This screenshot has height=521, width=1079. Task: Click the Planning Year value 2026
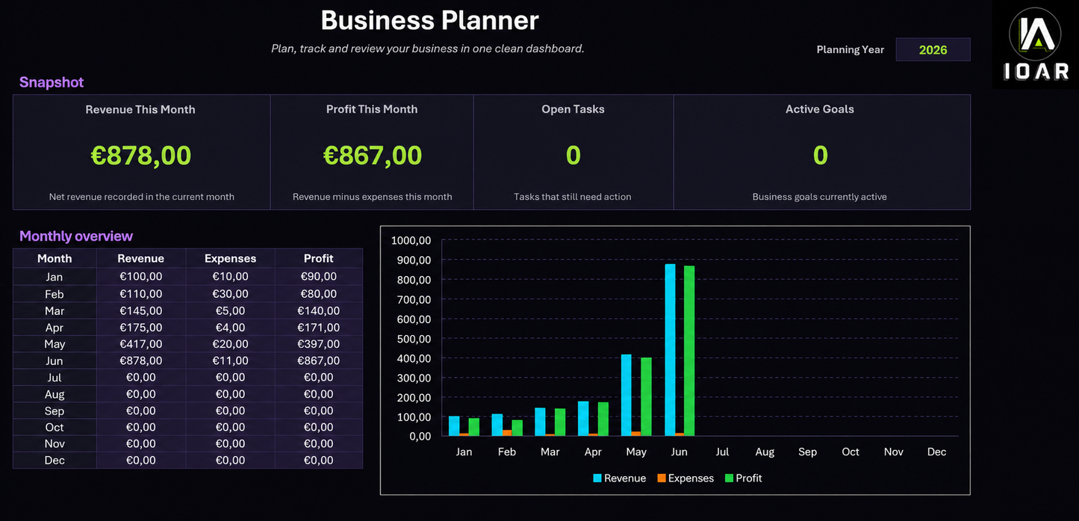(x=933, y=49)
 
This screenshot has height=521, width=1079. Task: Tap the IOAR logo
(x=1036, y=44)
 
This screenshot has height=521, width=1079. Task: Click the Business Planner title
(x=429, y=20)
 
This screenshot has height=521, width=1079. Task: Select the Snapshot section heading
(x=51, y=82)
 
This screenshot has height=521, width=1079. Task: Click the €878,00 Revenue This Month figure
(x=140, y=155)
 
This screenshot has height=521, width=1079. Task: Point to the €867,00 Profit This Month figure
(x=373, y=155)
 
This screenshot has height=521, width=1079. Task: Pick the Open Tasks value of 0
(x=573, y=155)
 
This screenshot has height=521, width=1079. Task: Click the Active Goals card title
(x=819, y=109)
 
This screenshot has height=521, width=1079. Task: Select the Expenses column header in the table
(x=230, y=258)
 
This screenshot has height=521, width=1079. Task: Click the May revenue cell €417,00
(x=140, y=344)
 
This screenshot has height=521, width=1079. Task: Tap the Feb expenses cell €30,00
(x=230, y=294)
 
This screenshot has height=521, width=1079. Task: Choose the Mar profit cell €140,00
(x=318, y=311)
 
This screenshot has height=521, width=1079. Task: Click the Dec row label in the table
(x=55, y=461)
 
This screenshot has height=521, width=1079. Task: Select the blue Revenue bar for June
(x=670, y=350)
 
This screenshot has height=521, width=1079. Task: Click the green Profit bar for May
(x=646, y=397)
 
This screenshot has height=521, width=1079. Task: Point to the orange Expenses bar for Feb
(x=507, y=433)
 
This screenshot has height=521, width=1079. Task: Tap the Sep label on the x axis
(x=807, y=452)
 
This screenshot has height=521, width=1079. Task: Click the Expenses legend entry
(x=685, y=478)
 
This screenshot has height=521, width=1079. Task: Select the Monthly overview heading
(x=76, y=236)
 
